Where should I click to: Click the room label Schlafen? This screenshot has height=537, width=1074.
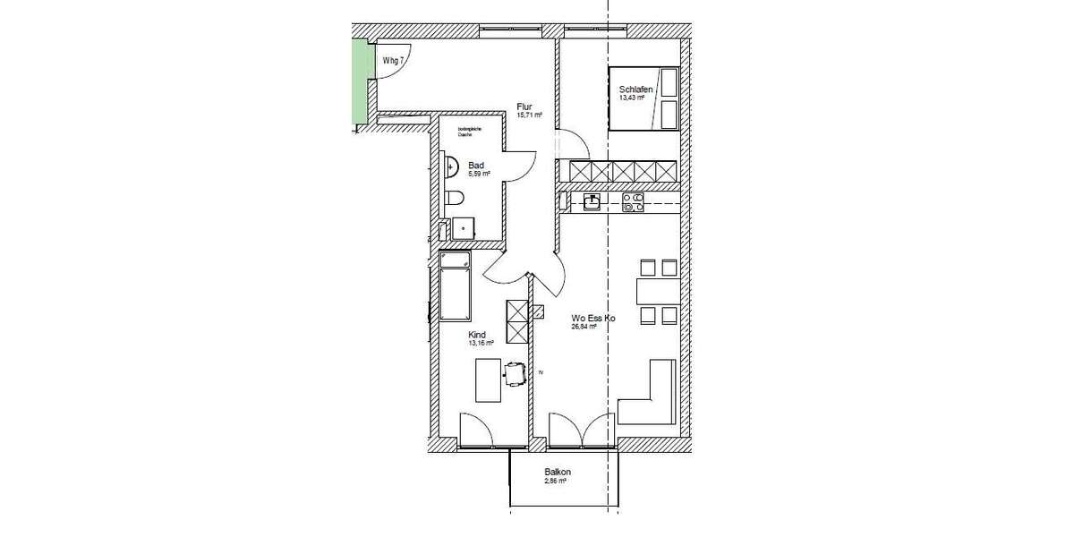(634, 89)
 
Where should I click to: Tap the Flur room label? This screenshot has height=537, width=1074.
(525, 106)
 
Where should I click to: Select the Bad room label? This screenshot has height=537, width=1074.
(476, 166)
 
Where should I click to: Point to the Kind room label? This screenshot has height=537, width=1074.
(477, 334)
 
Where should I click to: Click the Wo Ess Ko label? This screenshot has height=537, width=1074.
(593, 318)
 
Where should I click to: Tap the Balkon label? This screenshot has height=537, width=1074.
(558, 472)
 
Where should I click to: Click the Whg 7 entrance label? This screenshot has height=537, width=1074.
(394, 60)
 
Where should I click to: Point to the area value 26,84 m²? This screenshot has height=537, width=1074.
(584, 327)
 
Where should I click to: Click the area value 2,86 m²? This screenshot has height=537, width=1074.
(556, 481)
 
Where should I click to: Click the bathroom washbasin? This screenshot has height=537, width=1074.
(451, 166)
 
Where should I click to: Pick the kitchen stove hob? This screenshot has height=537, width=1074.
(634, 203)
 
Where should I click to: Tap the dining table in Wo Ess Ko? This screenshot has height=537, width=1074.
(658, 291)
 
